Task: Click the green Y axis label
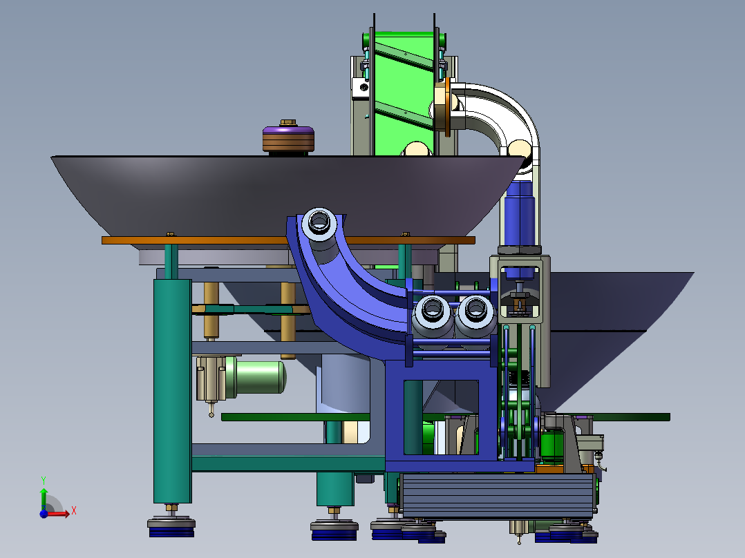(x=44, y=480)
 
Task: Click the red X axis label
(x=74, y=511)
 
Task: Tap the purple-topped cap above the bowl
(x=288, y=139)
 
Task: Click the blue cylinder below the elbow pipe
(x=519, y=213)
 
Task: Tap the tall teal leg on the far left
(x=173, y=391)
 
